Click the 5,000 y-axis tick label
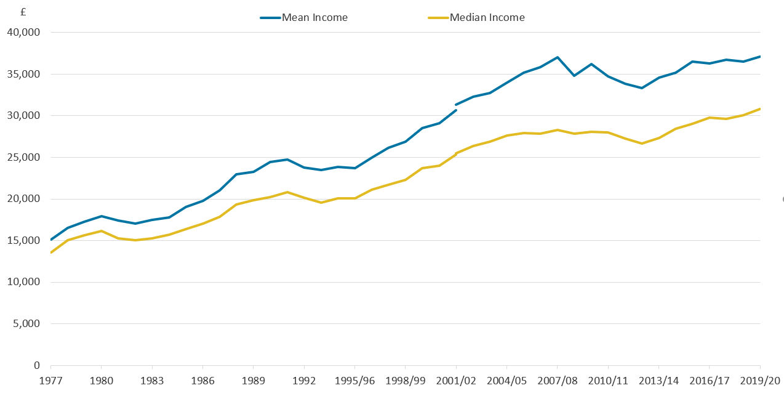coord(27,324)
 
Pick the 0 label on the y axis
coord(37,366)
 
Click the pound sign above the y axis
coord(23,12)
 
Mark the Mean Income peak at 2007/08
coord(557,57)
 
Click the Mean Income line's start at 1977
coord(50,240)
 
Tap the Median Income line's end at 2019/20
coord(760,109)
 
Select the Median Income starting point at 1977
coord(50,253)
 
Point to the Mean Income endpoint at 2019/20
coord(760,57)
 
